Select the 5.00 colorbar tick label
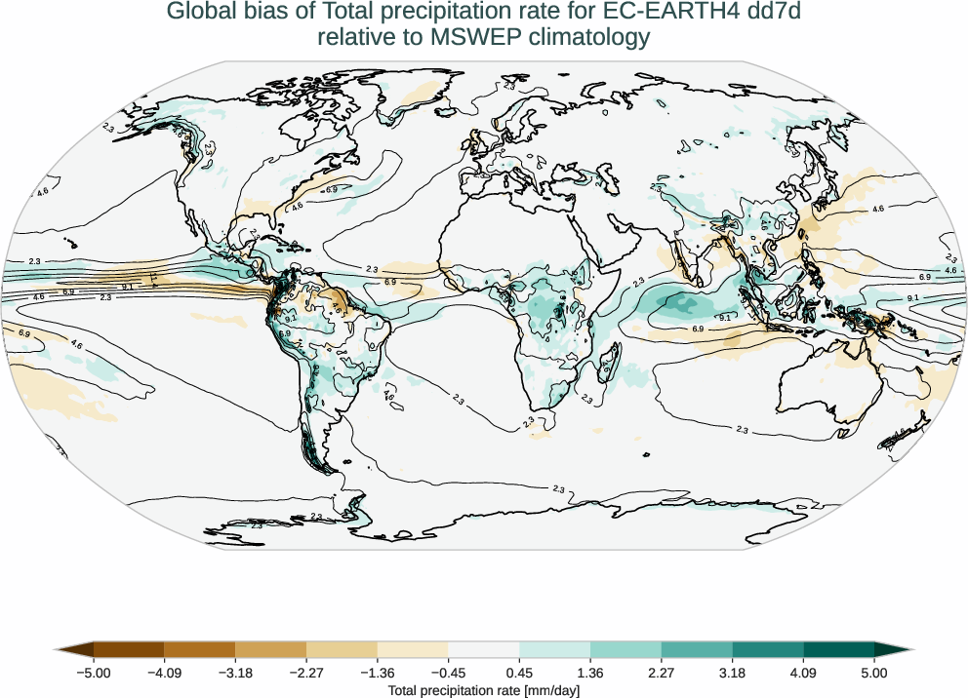[874, 673]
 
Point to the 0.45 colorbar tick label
[519, 673]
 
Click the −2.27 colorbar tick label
[306, 673]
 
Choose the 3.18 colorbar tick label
[732, 673]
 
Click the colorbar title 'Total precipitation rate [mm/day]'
[484, 690]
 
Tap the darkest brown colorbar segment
[129, 649]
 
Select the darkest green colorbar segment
[839, 649]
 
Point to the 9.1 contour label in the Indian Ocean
[725, 318]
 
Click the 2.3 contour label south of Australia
[742, 430]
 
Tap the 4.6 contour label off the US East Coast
[298, 206]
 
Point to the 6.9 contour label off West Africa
[390, 282]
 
